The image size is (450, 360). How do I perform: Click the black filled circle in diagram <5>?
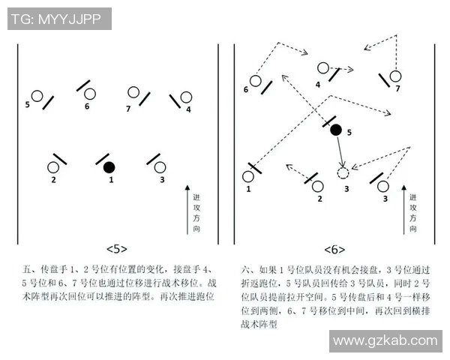[109, 166]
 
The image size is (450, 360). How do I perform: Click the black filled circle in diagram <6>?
[336, 130]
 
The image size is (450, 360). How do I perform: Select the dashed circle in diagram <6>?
[343, 173]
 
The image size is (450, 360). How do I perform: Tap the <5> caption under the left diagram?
[116, 248]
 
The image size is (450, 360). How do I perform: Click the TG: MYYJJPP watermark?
[59, 19]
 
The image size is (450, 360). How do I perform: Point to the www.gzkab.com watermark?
[385, 341]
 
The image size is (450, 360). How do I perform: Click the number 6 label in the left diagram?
[87, 106]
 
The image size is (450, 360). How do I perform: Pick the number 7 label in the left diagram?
[128, 108]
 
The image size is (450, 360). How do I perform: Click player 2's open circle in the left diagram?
[54, 167]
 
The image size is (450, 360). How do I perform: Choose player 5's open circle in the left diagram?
[36, 96]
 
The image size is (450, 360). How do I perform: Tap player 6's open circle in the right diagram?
[255, 80]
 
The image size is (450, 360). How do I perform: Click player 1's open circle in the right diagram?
[248, 177]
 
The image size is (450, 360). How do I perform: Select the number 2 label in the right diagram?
[319, 199]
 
